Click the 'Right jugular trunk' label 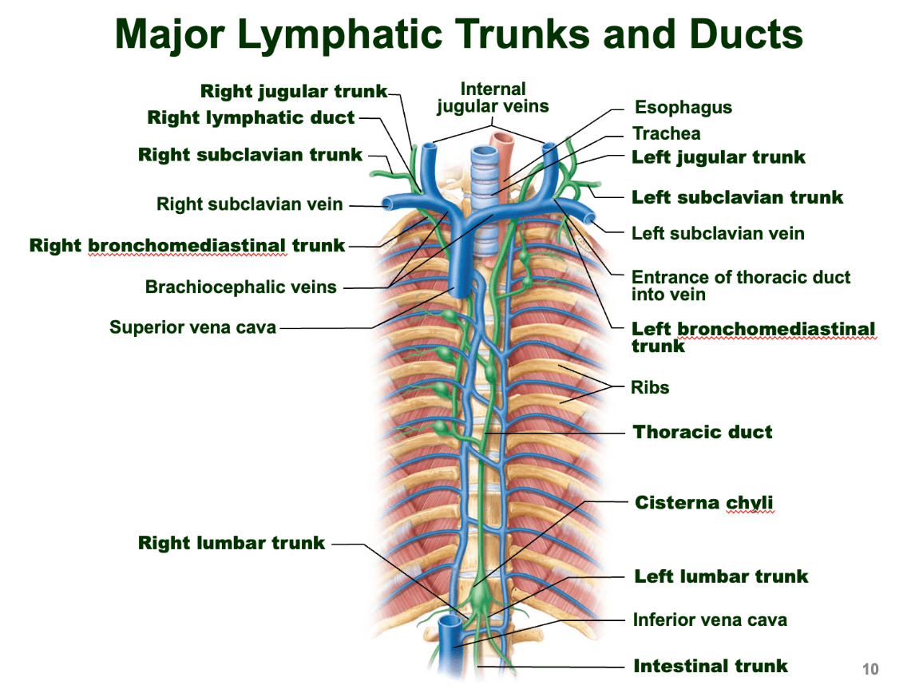click(x=293, y=92)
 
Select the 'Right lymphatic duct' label click(x=251, y=118)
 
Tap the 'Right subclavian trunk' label click(x=250, y=155)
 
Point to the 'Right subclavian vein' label click(x=249, y=204)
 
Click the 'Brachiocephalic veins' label click(x=240, y=287)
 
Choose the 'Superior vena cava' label click(x=192, y=327)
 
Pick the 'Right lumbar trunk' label click(x=232, y=544)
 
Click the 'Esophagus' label click(x=683, y=108)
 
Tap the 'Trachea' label click(x=666, y=133)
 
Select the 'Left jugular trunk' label click(x=719, y=157)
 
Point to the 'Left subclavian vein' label click(x=718, y=234)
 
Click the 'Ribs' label click(x=650, y=388)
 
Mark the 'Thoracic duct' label click(x=703, y=433)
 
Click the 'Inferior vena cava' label click(x=710, y=620)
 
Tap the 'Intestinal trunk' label click(x=710, y=666)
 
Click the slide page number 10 click(x=869, y=669)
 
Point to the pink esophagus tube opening click(x=504, y=138)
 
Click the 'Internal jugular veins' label click(x=493, y=97)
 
